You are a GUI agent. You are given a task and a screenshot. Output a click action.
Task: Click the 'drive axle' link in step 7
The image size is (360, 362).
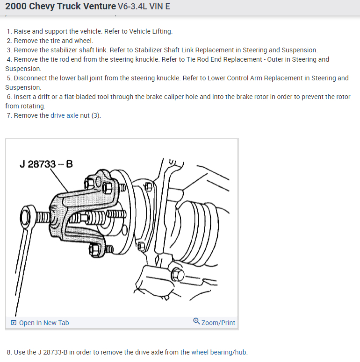pyautogui.click(x=65, y=115)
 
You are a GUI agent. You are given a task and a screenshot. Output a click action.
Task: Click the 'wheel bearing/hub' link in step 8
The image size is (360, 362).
pyautogui.click(x=219, y=352)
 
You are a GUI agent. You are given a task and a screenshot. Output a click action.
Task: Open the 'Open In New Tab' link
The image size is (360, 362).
pyautogui.click(x=43, y=323)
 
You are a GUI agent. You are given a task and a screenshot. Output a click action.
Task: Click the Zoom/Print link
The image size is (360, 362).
pyautogui.click(x=218, y=323)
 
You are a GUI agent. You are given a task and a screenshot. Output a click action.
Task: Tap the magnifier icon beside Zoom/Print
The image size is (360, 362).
pyautogui.click(x=196, y=322)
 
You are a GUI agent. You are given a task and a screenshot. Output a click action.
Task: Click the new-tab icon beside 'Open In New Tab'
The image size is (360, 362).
pyautogui.click(x=14, y=323)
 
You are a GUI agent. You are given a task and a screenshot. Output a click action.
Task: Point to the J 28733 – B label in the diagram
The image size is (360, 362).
pyautogui.click(x=46, y=164)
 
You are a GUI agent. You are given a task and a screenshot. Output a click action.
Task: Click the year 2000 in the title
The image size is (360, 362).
pyautogui.click(x=16, y=7)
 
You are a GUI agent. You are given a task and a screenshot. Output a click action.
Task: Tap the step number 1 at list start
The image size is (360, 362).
pyautogui.click(x=9, y=31)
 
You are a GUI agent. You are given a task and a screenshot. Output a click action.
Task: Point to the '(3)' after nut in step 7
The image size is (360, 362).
pyautogui.click(x=96, y=115)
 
